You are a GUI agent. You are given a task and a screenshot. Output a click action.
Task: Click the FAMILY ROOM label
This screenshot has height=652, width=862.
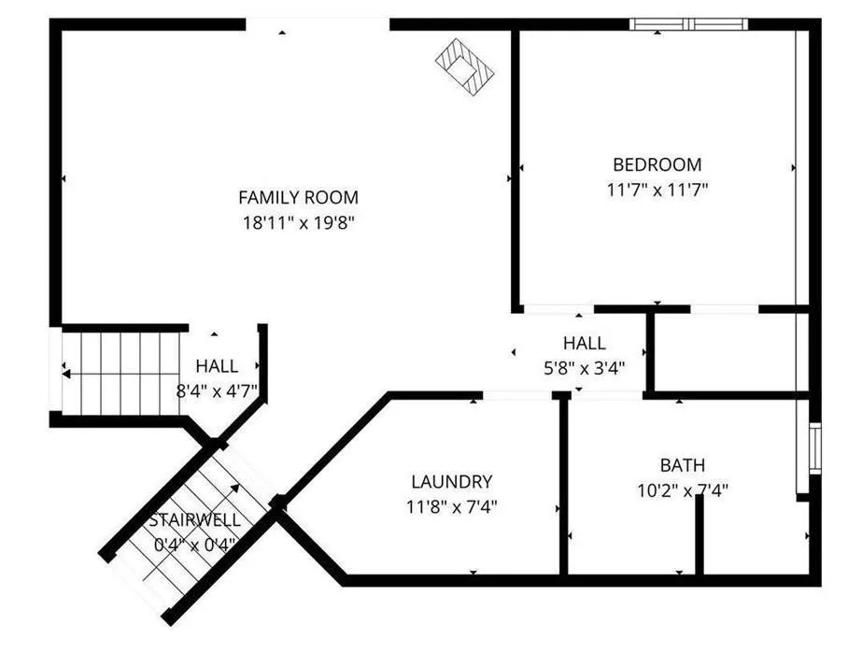(299, 197)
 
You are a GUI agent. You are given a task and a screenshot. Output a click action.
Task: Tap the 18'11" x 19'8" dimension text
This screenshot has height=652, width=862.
(299, 222)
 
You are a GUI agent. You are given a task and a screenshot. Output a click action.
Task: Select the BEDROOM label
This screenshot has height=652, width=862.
(657, 164)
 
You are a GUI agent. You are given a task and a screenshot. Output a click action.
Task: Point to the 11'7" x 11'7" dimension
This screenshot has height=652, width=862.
(657, 190)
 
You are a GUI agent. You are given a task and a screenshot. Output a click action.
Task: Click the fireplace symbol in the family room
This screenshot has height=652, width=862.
(465, 67)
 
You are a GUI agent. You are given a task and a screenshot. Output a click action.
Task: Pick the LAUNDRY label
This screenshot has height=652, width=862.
(451, 482)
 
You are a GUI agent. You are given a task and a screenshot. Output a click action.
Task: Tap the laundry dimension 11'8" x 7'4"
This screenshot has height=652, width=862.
(451, 506)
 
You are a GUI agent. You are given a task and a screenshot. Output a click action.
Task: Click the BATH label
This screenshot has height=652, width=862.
(683, 465)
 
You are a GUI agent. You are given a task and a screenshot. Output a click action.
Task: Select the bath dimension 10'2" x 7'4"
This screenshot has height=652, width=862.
(683, 489)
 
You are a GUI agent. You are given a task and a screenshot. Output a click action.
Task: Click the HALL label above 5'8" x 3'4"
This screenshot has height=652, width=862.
(585, 343)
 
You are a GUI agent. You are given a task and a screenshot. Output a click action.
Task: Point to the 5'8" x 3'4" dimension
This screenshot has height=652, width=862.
(585, 368)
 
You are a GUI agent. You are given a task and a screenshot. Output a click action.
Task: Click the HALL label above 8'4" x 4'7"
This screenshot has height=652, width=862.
(218, 366)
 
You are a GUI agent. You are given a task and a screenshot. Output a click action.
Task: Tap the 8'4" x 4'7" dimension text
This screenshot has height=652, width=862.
(217, 390)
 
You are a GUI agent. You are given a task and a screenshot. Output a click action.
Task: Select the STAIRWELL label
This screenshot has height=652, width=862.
(194, 520)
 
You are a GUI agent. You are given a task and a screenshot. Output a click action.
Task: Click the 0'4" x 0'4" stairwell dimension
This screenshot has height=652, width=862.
(194, 545)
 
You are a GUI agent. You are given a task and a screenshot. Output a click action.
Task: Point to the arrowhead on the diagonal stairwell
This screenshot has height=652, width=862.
(235, 488)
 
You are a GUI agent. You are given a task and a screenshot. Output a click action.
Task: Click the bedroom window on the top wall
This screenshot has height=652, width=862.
(688, 24)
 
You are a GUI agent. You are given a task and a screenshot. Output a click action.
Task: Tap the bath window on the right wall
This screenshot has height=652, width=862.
(815, 448)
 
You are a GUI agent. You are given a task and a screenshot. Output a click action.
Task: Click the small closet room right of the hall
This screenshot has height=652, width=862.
(726, 352)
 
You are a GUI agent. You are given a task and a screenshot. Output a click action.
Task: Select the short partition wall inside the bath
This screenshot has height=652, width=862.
(699, 534)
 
